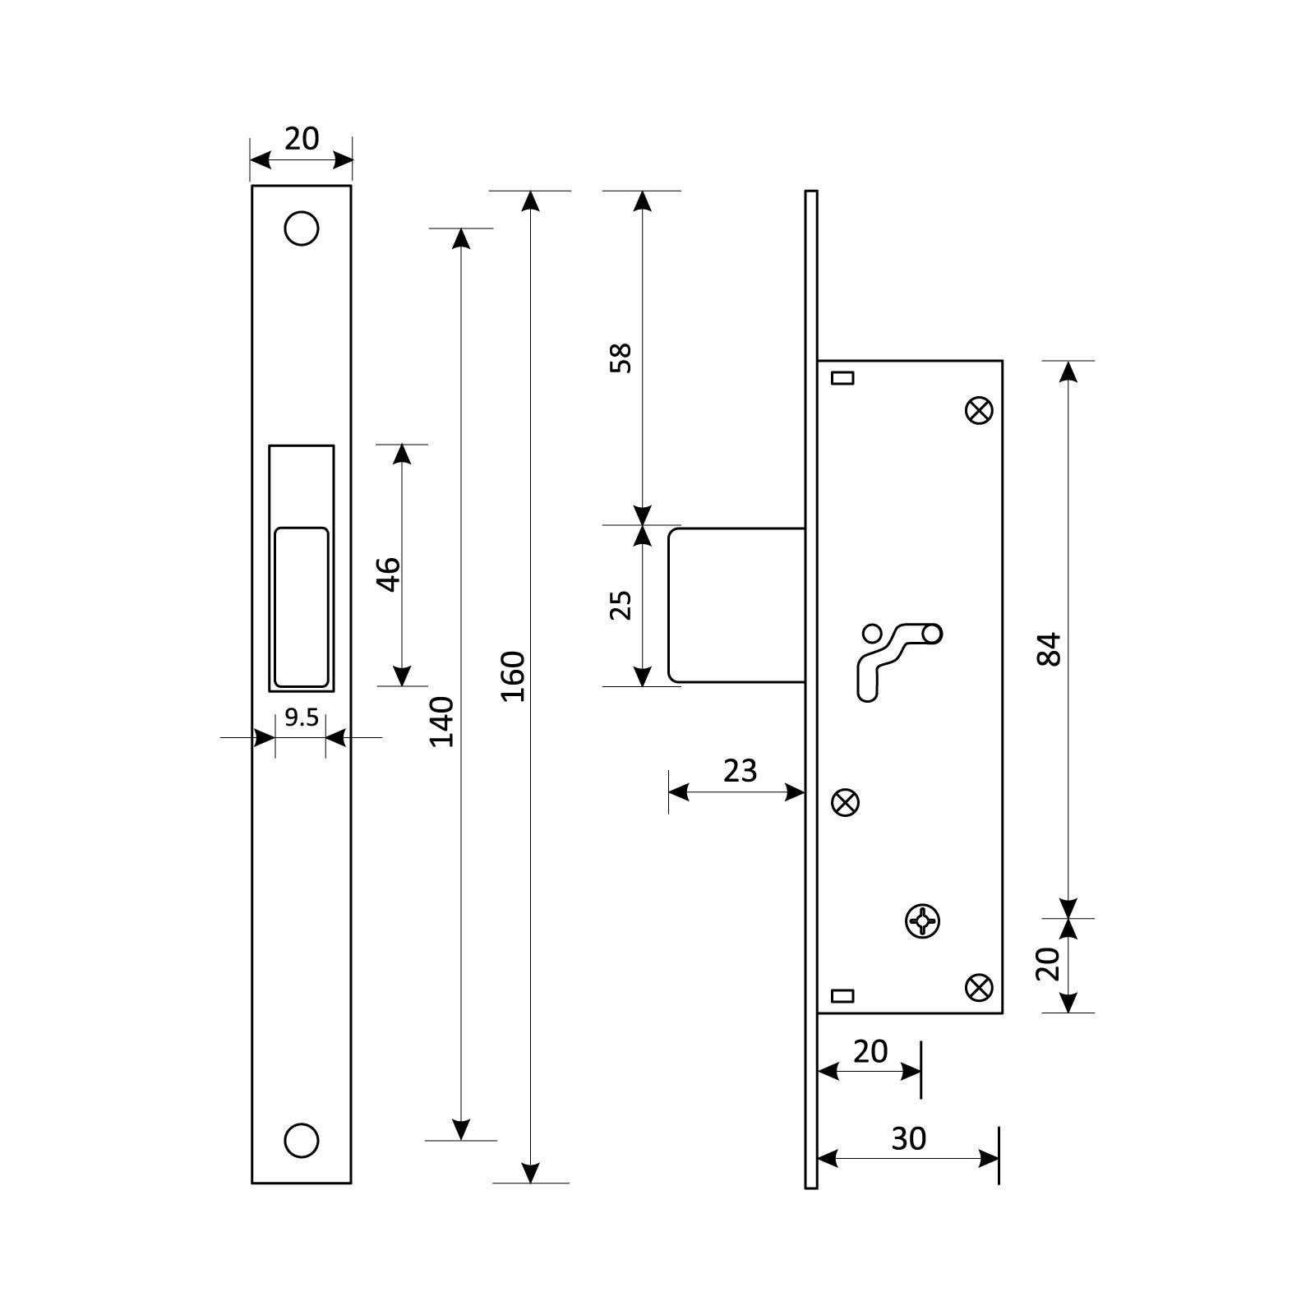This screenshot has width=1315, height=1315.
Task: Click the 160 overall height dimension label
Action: (512, 676)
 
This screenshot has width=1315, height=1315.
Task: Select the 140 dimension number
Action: (442, 721)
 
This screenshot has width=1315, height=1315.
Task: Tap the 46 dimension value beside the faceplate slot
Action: (388, 574)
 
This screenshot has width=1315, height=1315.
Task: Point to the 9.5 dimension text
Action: (301, 717)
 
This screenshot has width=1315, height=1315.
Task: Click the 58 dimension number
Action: (621, 358)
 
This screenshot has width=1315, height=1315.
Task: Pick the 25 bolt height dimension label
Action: (621, 605)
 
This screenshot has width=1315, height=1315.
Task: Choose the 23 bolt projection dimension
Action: (740, 771)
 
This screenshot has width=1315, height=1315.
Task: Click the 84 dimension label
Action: (1050, 649)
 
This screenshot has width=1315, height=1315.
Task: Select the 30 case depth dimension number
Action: (909, 1138)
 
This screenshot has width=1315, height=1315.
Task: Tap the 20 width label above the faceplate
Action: (302, 139)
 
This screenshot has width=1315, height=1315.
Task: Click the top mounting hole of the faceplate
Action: (302, 228)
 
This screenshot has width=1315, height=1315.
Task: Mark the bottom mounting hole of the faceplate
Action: (302, 1140)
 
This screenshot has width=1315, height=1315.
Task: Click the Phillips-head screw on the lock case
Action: (923, 920)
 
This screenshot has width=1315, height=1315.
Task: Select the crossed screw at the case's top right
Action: (979, 411)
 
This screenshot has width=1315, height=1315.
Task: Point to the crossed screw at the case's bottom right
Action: (979, 987)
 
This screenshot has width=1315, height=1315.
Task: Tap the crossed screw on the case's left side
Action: (846, 802)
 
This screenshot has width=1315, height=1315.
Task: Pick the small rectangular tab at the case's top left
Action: (843, 378)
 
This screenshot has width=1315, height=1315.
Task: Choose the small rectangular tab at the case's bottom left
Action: (843, 996)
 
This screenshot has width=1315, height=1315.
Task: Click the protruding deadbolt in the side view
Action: (736, 605)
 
